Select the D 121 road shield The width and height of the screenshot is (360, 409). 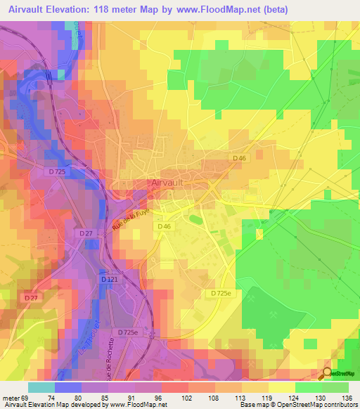point(109,280)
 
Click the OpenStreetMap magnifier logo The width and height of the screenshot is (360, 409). point(328,374)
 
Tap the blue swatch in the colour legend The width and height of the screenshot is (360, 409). point(68,387)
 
